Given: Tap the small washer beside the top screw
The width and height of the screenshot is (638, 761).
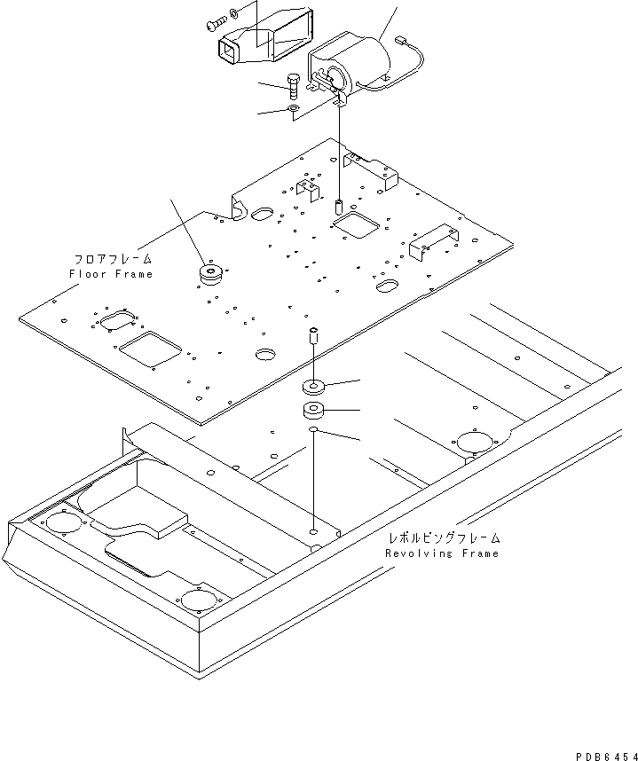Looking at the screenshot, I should click(232, 12).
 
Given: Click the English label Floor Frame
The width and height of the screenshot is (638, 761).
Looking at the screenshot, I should click(111, 274).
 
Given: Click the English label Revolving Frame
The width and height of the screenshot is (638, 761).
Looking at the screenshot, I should click(442, 553).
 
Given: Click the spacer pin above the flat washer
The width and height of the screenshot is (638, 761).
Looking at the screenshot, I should click(313, 337).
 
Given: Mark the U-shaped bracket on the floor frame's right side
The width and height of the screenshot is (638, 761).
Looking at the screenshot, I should click(435, 235).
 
